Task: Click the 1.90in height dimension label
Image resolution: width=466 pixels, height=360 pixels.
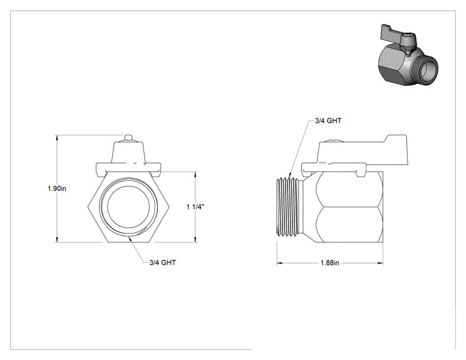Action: point(57,188)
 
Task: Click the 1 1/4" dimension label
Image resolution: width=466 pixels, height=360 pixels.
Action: point(195,207)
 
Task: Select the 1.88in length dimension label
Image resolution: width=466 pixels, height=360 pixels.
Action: point(329,263)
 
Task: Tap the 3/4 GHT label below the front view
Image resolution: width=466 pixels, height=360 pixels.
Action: point(163,262)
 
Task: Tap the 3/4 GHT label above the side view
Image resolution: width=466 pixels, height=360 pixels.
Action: point(328,121)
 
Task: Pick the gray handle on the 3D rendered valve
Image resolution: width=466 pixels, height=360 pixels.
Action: point(393,34)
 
